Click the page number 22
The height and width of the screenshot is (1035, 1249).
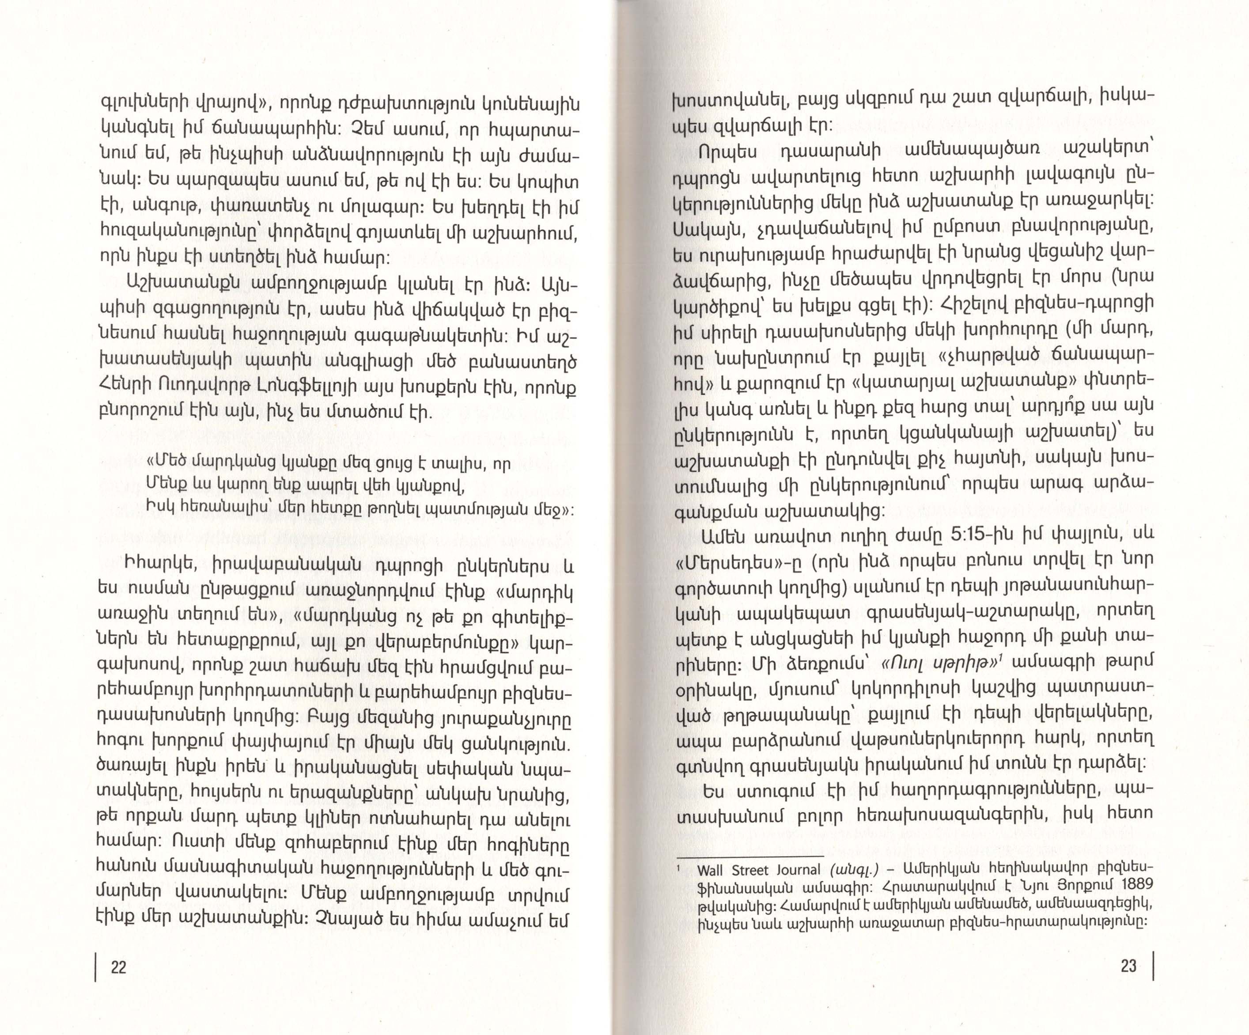click(x=118, y=967)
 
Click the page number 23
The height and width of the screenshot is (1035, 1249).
click(x=1128, y=965)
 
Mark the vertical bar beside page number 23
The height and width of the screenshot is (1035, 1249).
click(x=1153, y=965)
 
